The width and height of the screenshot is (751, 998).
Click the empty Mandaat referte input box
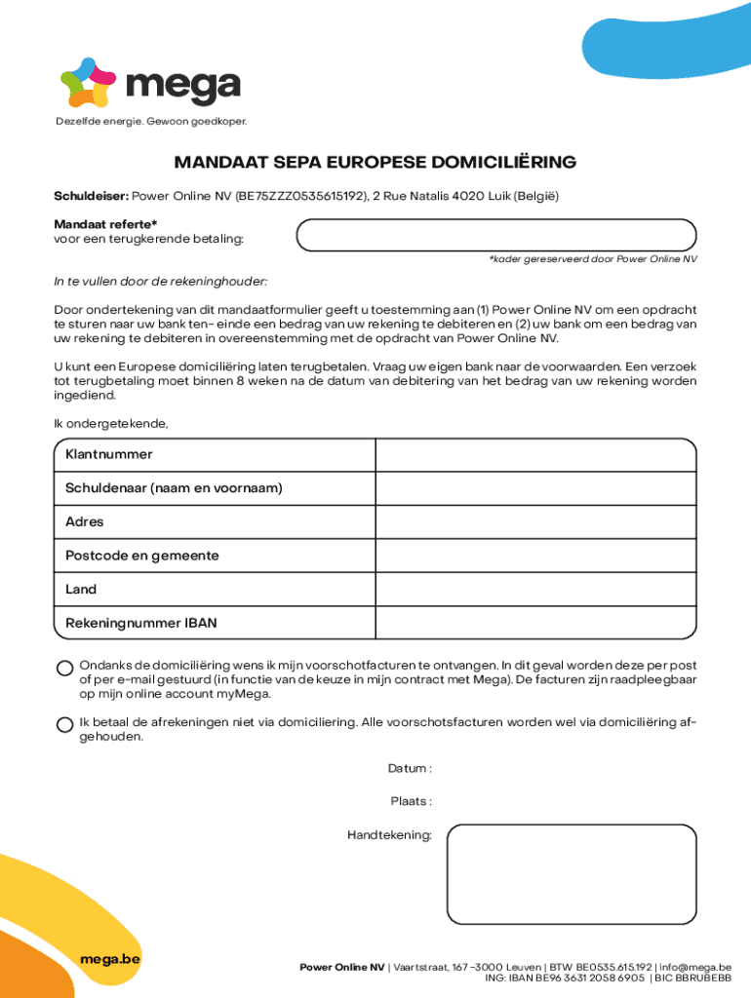tap(495, 235)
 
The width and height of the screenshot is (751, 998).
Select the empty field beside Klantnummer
tap(535, 455)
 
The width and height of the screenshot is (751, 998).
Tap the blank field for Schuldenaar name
tap(535, 488)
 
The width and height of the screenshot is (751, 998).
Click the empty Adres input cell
tap(535, 522)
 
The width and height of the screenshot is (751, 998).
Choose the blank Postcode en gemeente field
tap(535, 556)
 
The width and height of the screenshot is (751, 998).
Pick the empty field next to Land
tap(535, 590)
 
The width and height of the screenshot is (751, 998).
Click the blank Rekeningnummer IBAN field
tap(535, 623)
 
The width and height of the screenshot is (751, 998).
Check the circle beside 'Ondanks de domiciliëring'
tap(64, 669)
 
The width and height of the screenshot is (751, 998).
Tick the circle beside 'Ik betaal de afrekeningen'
tap(64, 724)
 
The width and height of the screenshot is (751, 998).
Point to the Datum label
tap(410, 769)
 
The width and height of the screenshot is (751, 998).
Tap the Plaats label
tap(411, 802)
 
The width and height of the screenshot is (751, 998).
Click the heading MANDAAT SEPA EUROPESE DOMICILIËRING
tap(375, 162)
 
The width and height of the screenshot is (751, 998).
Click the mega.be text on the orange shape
tap(110, 959)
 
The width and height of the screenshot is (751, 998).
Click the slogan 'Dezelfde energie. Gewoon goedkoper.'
tap(151, 122)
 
